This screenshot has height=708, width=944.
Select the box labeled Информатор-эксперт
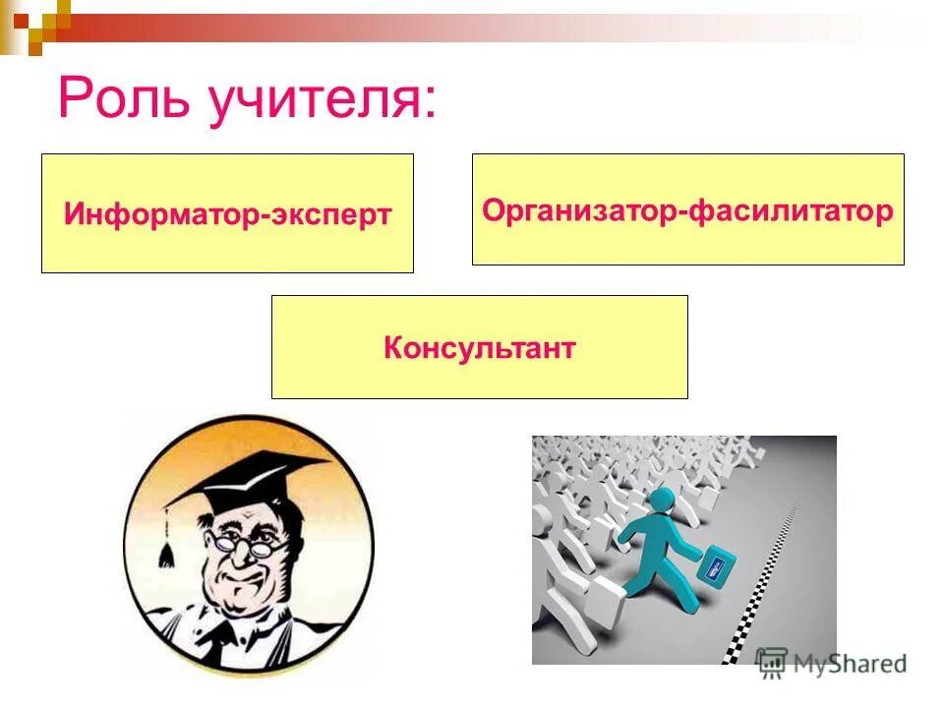227,213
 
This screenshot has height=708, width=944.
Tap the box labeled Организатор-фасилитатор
687,209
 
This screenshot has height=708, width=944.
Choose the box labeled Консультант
479,348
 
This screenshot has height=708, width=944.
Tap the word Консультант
479,348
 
